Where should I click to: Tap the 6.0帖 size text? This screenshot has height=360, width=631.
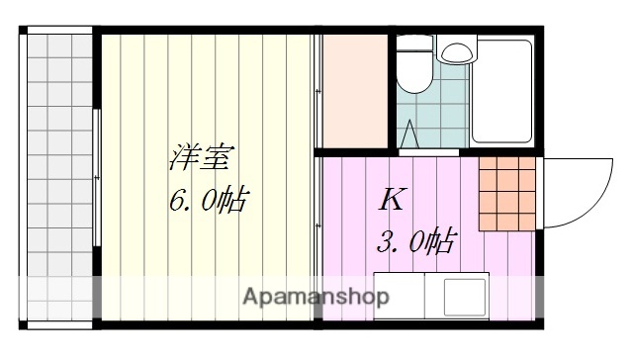[207, 202]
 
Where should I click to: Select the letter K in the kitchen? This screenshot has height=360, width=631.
[392, 200]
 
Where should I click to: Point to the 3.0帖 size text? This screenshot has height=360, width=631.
[416, 241]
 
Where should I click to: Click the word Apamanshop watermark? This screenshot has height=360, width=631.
[315, 297]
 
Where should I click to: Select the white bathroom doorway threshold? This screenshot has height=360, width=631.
[428, 152]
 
